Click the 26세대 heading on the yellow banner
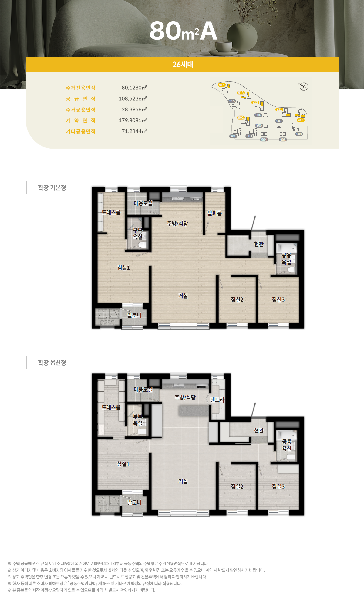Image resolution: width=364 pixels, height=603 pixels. click(x=183, y=64)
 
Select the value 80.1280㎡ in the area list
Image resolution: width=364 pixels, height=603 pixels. click(x=134, y=88)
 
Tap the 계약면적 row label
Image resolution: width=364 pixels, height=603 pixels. click(x=81, y=121)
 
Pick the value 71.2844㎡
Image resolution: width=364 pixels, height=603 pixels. click(x=134, y=131)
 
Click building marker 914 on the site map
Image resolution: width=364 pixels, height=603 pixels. click(x=222, y=85)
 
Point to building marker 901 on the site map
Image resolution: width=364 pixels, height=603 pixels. click(x=233, y=136)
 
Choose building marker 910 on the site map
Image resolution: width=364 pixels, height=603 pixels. click(x=301, y=120)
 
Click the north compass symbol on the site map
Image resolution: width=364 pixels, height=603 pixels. click(x=303, y=86)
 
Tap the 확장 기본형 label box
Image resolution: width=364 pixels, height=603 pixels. click(x=52, y=187)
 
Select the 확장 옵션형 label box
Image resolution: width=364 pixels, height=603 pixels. click(x=52, y=363)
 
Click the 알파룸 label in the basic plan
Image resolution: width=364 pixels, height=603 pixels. click(x=214, y=213)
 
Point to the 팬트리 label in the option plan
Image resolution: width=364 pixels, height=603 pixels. click(x=217, y=400)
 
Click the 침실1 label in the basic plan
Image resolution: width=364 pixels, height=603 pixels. click(x=123, y=268)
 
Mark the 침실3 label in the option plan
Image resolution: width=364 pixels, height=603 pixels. click(x=278, y=486)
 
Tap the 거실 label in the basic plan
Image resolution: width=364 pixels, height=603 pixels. click(x=183, y=296)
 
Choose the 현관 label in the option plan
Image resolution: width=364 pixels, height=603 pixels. click(x=259, y=430)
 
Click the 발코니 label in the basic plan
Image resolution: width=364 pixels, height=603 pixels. click(x=134, y=315)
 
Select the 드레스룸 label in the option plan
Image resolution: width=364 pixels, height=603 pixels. click(x=111, y=407)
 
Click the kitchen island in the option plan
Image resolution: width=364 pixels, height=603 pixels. click(x=194, y=411)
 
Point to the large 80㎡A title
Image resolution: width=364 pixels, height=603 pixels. click(x=184, y=31)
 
